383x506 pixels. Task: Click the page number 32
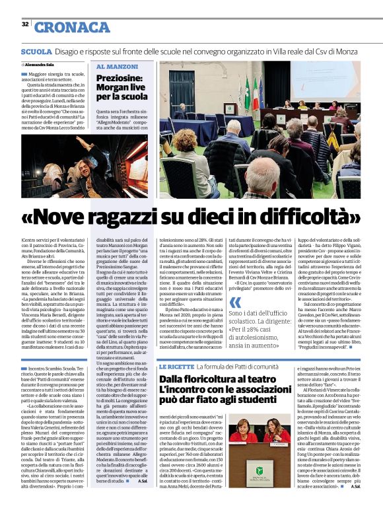point(24,24)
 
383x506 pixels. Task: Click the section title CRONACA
point(73,26)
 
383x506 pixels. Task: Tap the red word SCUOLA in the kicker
point(37,51)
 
